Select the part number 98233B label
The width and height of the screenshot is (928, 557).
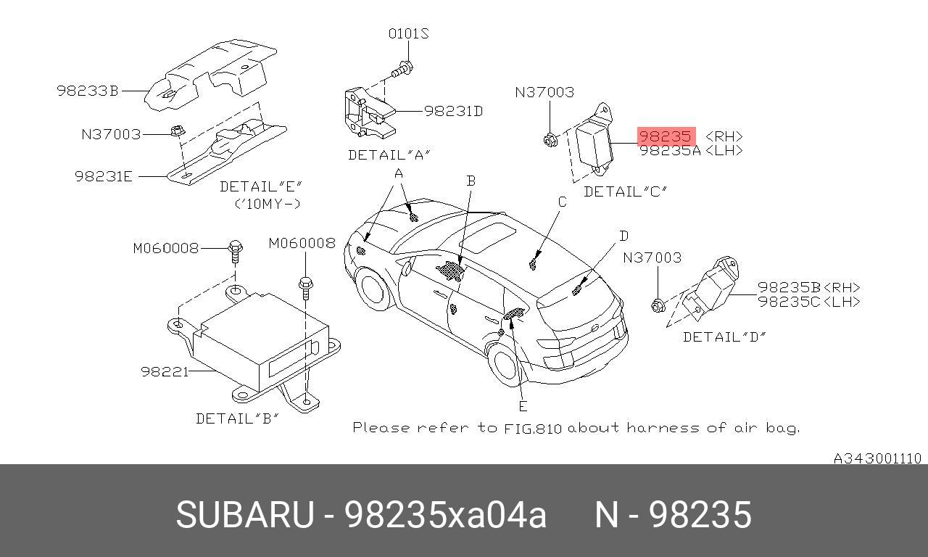(x=87, y=91)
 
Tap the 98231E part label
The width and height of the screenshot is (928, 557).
(x=104, y=176)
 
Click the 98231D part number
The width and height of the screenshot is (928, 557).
(x=453, y=111)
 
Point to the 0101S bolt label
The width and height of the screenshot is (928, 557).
(x=408, y=34)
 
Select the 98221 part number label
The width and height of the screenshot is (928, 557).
(x=165, y=371)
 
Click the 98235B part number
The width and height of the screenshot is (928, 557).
(x=789, y=287)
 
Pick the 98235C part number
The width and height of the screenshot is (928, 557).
(x=789, y=302)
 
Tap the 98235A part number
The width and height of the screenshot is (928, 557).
(x=670, y=151)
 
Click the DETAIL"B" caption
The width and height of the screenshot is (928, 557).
(x=237, y=418)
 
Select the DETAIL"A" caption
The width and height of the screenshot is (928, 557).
(x=389, y=154)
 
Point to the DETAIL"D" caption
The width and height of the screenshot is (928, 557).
(x=724, y=337)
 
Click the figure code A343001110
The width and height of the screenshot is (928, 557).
(x=877, y=458)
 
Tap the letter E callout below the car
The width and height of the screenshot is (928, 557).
(x=523, y=406)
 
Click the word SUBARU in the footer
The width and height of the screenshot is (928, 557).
(x=244, y=515)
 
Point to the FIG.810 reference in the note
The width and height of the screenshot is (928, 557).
(x=533, y=428)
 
